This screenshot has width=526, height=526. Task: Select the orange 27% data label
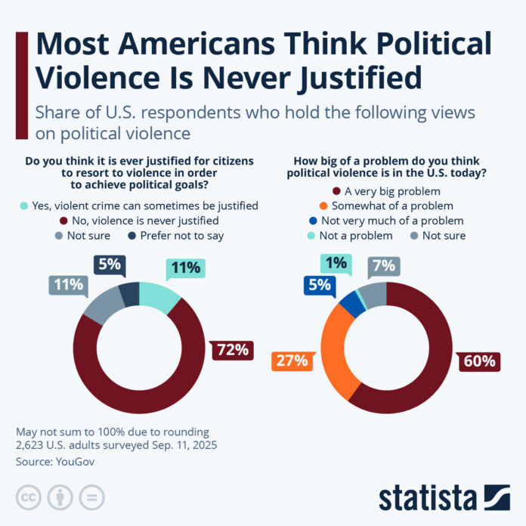(291, 360)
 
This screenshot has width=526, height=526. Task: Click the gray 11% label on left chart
(68, 285)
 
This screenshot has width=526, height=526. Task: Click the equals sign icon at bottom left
(91, 497)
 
